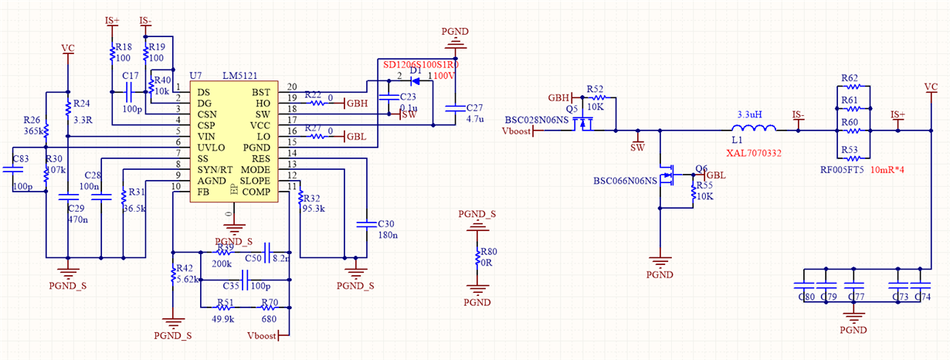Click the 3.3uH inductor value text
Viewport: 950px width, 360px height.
pos(750,114)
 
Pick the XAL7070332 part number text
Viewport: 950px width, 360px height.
pos(754,153)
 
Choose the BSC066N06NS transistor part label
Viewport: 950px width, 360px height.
pos(624,180)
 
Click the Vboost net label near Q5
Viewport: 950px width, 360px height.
pos(517,131)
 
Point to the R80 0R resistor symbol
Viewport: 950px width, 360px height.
pos(479,260)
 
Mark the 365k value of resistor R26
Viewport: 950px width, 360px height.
pos(32,131)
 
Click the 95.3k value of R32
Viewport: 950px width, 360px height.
pos(314,209)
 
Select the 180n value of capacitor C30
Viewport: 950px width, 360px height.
pos(387,235)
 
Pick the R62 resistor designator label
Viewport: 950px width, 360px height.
pos(850,78)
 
